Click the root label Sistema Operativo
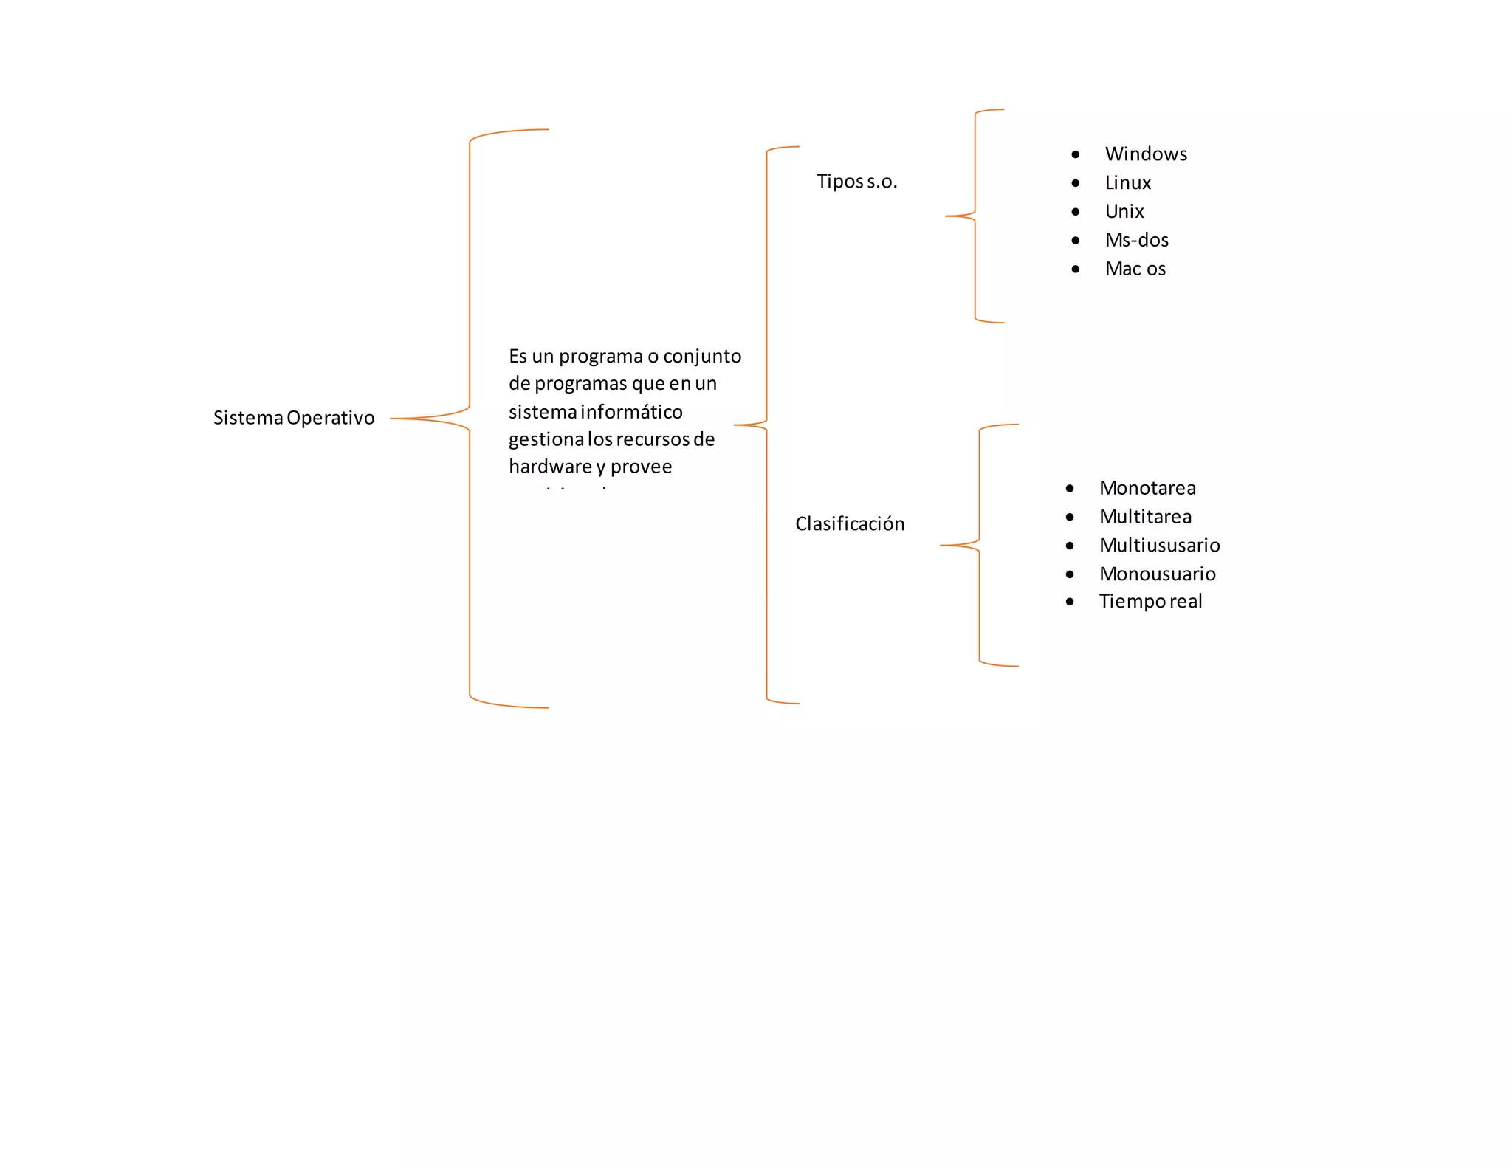point(294,418)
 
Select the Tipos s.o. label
point(856,182)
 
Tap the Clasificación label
point(850,524)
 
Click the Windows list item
point(1146,154)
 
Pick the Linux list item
point(1128,183)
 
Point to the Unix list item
point(1124,212)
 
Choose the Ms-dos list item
point(1137,241)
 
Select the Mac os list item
point(1135,269)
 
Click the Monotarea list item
point(1147,488)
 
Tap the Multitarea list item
point(1145,517)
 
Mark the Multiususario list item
point(1159,546)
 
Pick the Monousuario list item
point(1157,574)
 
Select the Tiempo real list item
point(1150,602)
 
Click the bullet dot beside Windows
point(1076,154)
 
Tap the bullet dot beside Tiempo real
point(1070,602)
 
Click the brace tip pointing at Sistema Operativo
point(392,419)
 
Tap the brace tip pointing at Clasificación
point(942,546)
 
